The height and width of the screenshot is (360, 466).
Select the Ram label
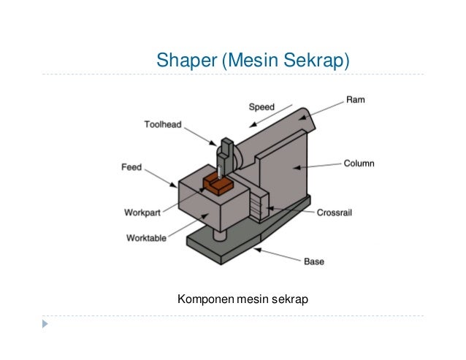tap(355, 99)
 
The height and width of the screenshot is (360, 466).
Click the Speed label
tap(261, 107)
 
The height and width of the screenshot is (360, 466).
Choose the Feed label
tap(131, 167)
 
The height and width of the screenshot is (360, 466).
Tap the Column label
tap(359, 164)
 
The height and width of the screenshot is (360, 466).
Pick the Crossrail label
tap(336, 213)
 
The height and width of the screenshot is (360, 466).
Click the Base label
tap(314, 261)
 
